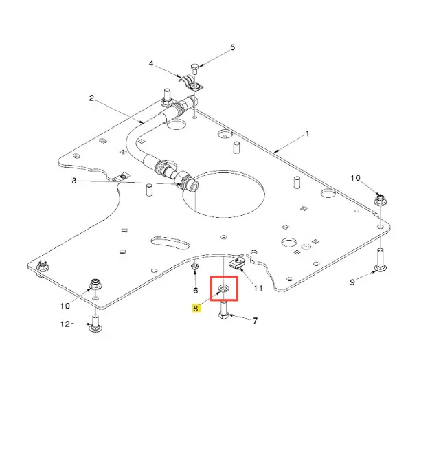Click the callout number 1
308,133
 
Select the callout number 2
91,98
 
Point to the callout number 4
152,65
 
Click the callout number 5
232,47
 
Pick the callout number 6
195,291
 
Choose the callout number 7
255,320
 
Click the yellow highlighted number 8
196,309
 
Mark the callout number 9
352,282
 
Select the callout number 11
258,288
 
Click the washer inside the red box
224,288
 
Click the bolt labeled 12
95,322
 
